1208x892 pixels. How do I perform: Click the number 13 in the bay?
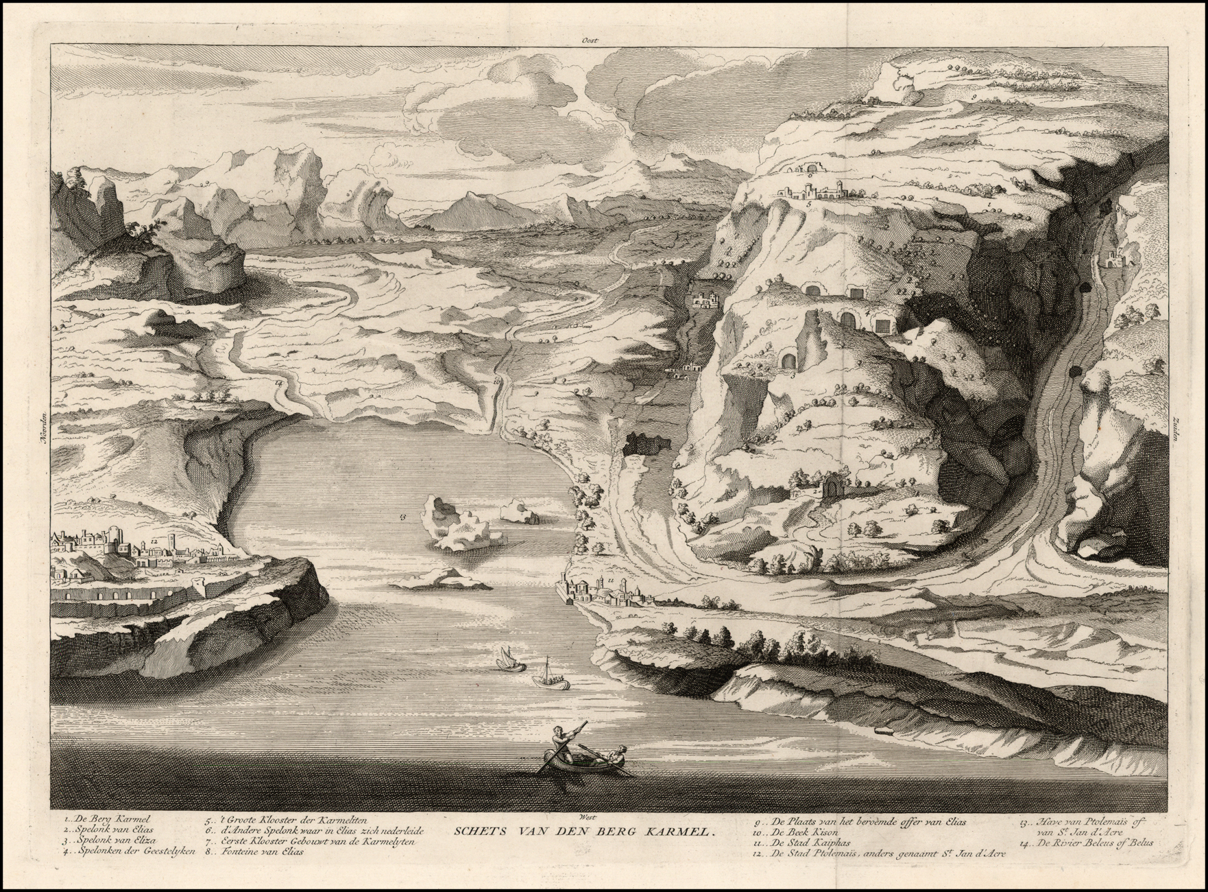402,515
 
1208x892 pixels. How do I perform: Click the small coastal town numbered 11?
603,589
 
